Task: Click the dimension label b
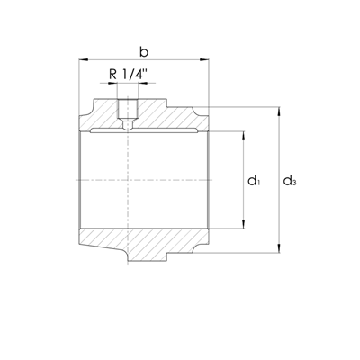(x=144, y=51)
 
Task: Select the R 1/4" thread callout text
(x=128, y=74)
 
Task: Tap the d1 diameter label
(x=254, y=181)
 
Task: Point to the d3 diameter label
(x=290, y=181)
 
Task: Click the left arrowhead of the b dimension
(x=84, y=60)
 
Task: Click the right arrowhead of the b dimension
(x=204, y=60)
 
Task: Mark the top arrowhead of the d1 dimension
(x=243, y=136)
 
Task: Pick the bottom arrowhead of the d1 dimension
(x=243, y=224)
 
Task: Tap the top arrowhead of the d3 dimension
(x=279, y=112)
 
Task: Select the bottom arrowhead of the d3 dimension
(x=279, y=248)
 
